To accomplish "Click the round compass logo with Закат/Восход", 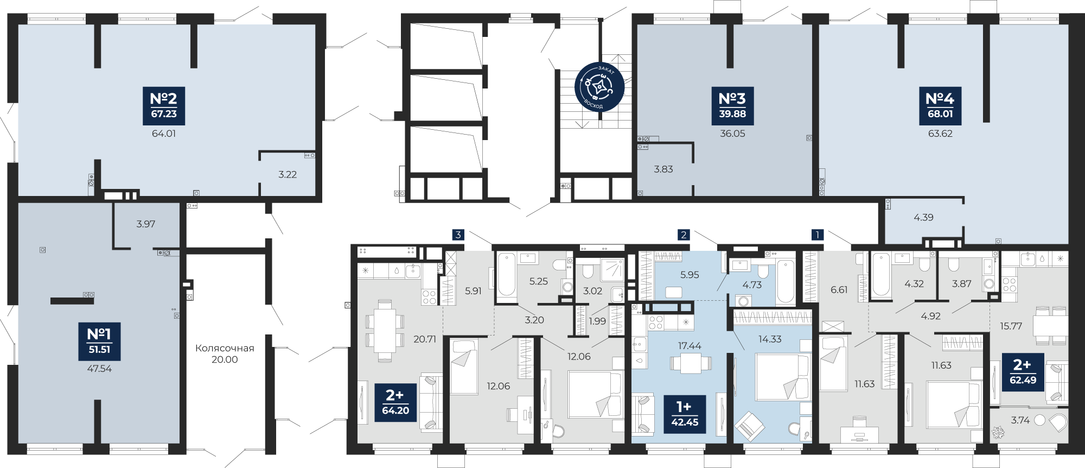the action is point(599,87).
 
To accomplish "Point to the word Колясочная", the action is point(225,348).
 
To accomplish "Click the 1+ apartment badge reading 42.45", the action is point(684,414).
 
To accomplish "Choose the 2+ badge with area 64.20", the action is point(395,403).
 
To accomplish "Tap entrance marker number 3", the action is point(458,235).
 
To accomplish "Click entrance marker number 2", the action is point(684,235).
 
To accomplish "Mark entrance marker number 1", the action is point(817,235).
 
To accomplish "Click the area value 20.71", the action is point(424,339).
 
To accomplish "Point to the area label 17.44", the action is point(690,346).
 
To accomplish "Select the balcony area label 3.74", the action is point(1020,420).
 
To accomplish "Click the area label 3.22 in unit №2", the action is point(288,174).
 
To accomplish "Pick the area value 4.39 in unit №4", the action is point(923,217).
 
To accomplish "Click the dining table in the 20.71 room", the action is point(385,330).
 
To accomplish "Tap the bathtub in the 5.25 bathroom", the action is point(506,275).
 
